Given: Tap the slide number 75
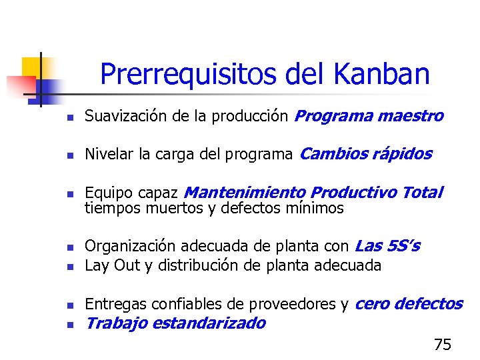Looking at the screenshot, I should [442, 345].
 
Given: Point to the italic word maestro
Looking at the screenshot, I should [409, 117].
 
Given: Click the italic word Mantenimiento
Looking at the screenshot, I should [245, 193].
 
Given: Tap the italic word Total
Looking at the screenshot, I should [422, 193].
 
